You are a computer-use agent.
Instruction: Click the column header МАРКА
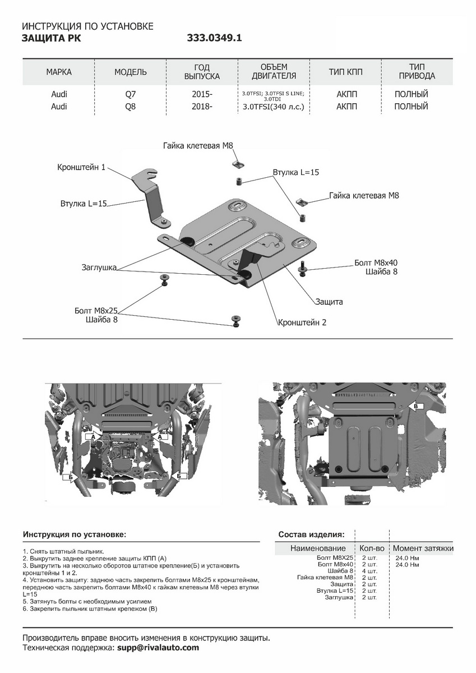tap(59, 72)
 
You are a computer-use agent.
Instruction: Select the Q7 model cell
tap(130, 94)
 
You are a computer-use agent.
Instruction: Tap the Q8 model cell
tap(130, 107)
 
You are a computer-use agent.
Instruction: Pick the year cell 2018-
tap(202, 107)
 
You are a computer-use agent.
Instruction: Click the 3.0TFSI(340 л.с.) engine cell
tap(274, 107)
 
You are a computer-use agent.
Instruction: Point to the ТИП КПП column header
tap(346, 72)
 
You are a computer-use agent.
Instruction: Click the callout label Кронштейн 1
tap(81, 167)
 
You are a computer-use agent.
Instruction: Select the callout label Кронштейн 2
tap(302, 322)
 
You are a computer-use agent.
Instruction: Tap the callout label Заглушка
tap(99, 268)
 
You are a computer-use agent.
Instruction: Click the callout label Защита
tap(329, 302)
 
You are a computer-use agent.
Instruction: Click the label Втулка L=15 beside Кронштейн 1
tap(84, 204)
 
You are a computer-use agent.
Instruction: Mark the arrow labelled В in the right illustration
tap(416, 405)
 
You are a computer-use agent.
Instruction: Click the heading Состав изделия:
tap(311, 534)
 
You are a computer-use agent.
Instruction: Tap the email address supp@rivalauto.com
tap(158, 648)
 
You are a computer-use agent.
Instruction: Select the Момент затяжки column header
tap(423, 548)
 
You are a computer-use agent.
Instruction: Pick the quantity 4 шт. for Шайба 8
tap(369, 571)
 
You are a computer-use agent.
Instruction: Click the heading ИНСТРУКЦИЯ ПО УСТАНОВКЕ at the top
tap(87, 27)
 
